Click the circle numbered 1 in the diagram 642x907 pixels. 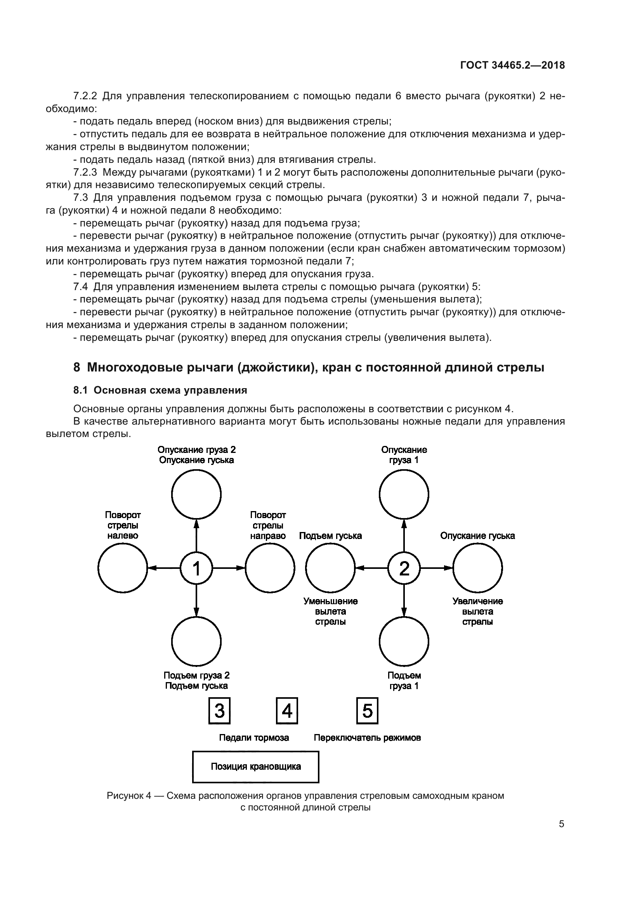click(x=196, y=568)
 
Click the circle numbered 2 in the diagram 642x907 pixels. click(x=404, y=568)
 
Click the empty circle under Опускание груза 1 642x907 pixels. click(x=404, y=494)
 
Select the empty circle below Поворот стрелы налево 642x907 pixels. click(x=123, y=568)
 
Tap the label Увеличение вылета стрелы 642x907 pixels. click(x=477, y=612)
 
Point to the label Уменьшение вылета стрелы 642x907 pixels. click(x=330, y=612)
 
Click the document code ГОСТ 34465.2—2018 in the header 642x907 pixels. click(x=512, y=66)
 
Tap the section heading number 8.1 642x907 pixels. click(x=80, y=390)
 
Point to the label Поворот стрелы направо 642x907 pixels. click(x=268, y=525)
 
